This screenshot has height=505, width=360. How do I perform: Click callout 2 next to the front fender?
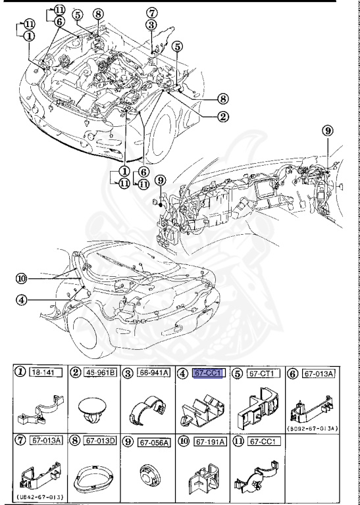click(x=224, y=117)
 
